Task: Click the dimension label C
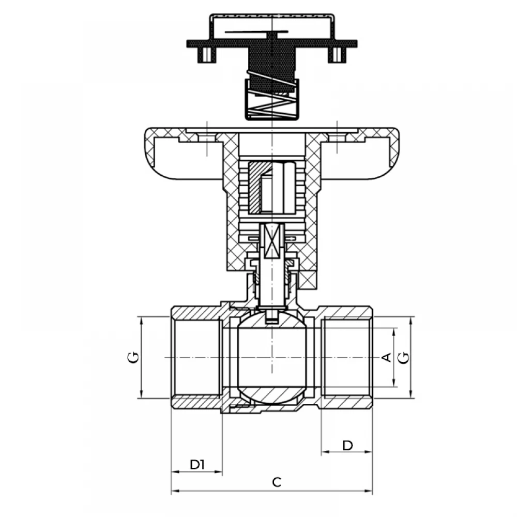[277, 482]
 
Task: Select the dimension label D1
[197, 465]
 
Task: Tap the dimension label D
[347, 446]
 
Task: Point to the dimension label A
[386, 357]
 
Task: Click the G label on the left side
[133, 357]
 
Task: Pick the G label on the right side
[403, 357]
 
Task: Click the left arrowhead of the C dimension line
[174, 491]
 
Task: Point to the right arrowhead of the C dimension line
[369, 491]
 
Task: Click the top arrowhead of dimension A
[394, 331]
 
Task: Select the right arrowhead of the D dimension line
[369, 452]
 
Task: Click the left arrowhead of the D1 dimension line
[175, 472]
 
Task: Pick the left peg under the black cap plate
[207, 55]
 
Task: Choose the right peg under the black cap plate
[337, 55]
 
